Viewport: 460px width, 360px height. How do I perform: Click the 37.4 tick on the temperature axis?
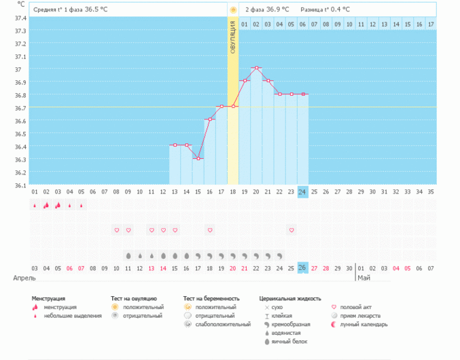[20, 18]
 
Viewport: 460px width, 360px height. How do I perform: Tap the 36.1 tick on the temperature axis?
[20, 185]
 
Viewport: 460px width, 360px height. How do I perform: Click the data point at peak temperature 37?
[256, 68]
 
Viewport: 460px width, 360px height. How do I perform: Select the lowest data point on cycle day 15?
[198, 158]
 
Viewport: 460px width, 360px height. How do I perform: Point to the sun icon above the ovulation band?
[233, 10]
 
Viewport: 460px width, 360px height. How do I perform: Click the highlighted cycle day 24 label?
[303, 192]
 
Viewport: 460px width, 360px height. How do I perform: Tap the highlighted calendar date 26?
[303, 268]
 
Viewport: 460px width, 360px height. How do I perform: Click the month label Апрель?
[24, 278]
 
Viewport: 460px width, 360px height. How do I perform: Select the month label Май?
[364, 278]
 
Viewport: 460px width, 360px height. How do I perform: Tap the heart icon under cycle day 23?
[291, 230]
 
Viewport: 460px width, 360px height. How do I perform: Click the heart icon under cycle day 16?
[210, 230]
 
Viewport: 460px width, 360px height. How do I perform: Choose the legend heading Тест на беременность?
[211, 298]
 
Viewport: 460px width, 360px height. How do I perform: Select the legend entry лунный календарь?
[364, 325]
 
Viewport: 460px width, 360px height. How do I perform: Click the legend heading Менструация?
[48, 298]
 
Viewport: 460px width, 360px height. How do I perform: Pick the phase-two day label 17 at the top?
[430, 24]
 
